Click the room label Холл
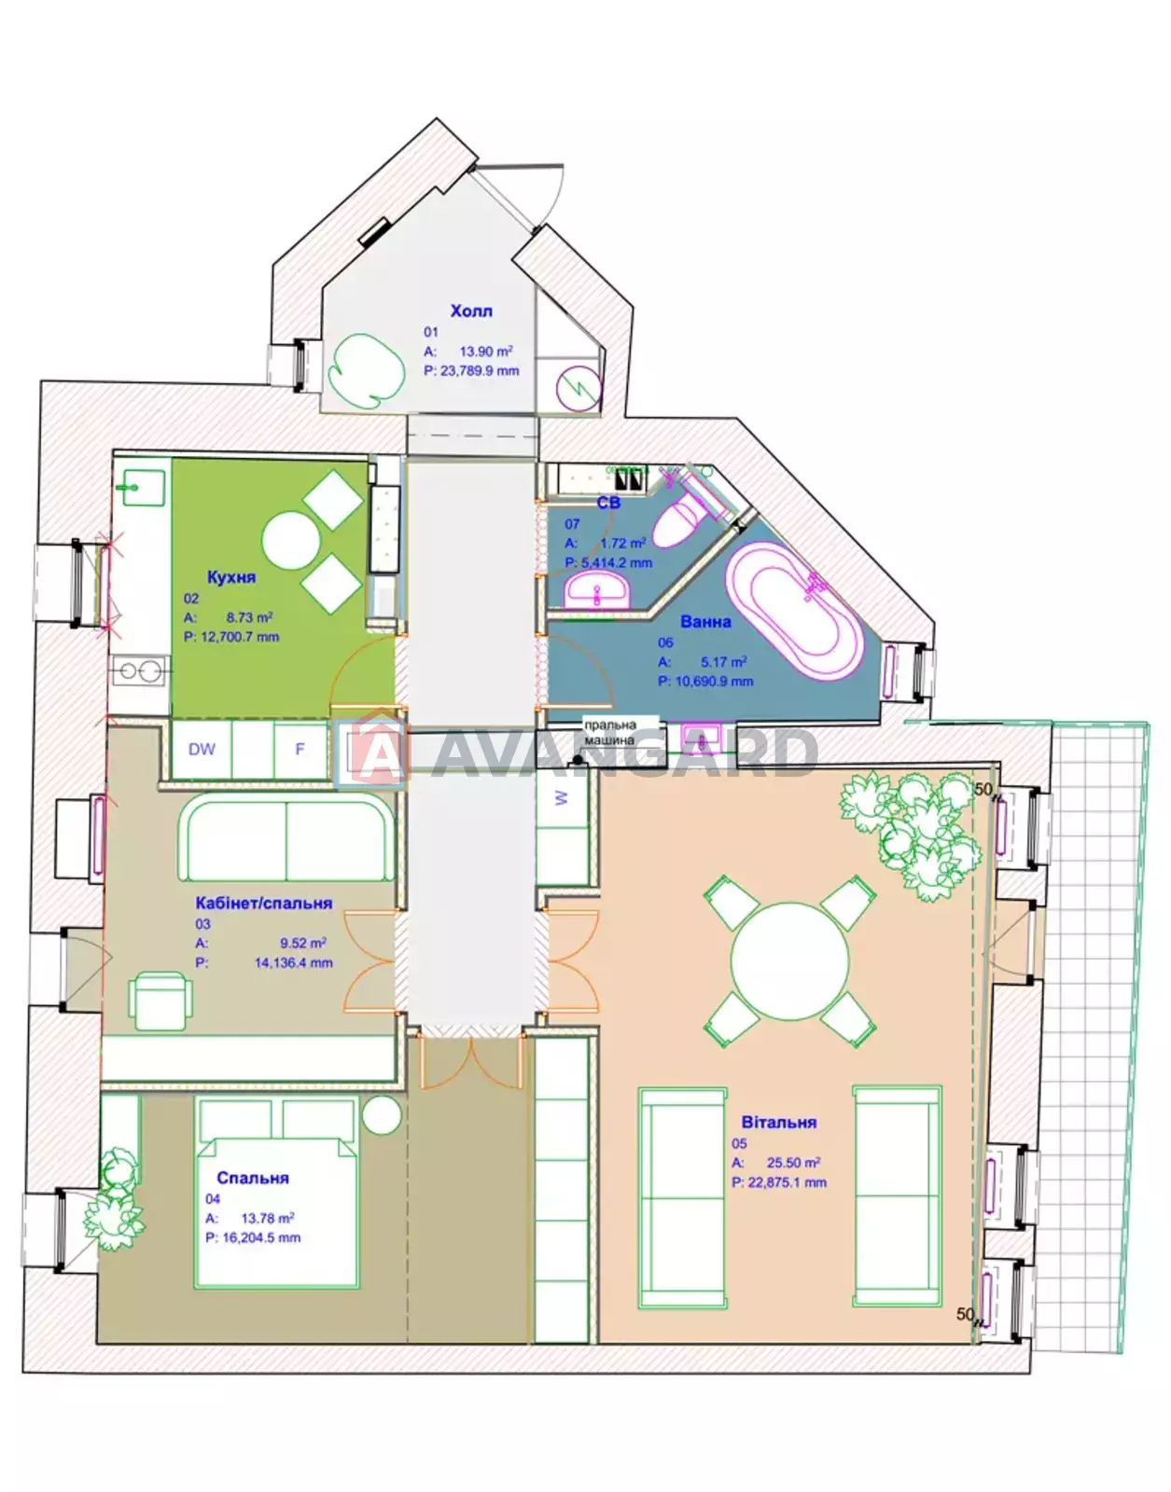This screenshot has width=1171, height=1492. (470, 311)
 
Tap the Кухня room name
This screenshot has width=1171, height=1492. (230, 576)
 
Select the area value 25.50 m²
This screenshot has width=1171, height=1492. (793, 1163)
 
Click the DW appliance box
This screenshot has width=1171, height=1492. (202, 749)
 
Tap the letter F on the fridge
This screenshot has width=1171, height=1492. (300, 749)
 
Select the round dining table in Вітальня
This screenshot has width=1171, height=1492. (789, 960)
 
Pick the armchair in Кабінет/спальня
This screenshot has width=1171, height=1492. (160, 1001)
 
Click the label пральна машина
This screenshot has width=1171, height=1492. (609, 732)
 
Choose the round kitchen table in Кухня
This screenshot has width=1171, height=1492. (290, 540)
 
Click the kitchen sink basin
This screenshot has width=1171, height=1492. (141, 488)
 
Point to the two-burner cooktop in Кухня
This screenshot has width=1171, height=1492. (140, 670)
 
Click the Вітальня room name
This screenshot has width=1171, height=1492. (779, 1122)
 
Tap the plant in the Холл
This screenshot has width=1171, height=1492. (366, 371)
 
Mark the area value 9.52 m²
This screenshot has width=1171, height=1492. (303, 943)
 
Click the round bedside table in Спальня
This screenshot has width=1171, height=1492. (382, 1114)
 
